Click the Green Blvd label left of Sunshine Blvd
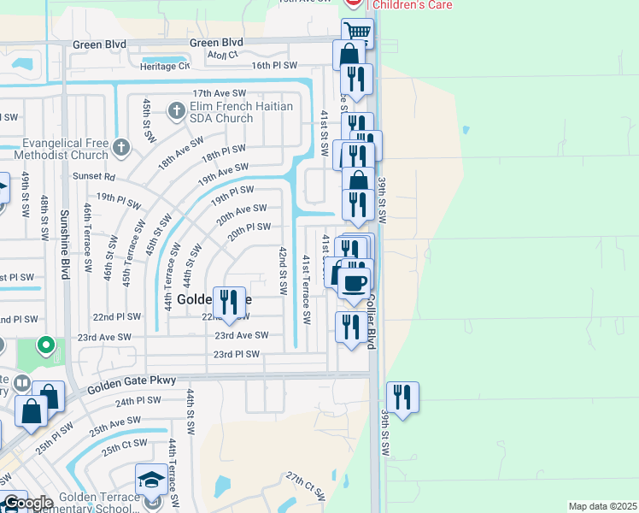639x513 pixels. click(100, 44)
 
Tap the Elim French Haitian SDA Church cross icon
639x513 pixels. click(177, 109)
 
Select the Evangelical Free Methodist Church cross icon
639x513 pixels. click(121, 147)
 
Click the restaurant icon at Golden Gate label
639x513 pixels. click(228, 302)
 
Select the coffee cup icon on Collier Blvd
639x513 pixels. click(354, 282)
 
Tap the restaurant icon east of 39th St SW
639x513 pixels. click(402, 397)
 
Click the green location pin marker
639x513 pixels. click(46, 346)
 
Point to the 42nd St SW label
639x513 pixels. click(283, 270)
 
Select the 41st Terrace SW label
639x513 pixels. click(306, 289)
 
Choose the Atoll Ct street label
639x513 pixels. click(222, 56)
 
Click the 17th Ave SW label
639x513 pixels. click(219, 93)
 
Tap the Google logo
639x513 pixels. click(27, 503)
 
